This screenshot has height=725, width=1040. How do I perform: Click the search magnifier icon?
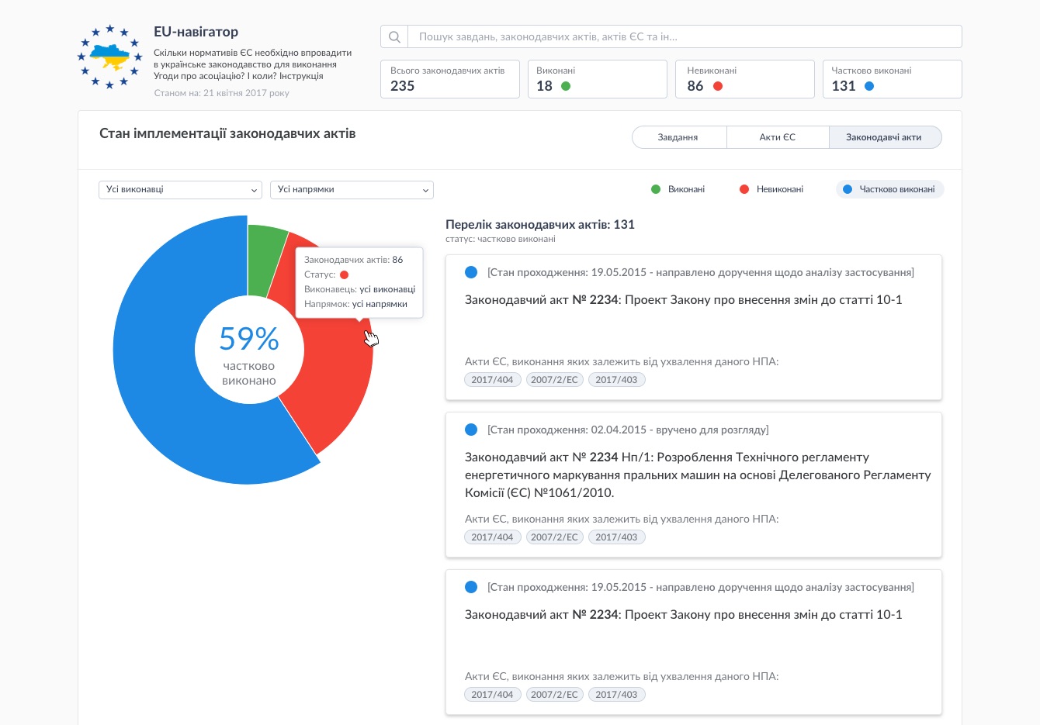tap(394, 37)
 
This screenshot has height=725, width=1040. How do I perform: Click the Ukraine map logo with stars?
tap(110, 57)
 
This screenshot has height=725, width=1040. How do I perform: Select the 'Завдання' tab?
tap(678, 137)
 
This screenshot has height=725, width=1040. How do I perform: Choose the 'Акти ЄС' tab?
tap(777, 137)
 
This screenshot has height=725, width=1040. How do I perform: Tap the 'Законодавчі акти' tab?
tap(884, 137)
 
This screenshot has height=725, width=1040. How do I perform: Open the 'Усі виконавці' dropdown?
tap(180, 190)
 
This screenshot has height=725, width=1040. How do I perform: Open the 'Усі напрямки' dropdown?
tap(352, 190)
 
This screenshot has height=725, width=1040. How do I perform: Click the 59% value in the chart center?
tap(249, 339)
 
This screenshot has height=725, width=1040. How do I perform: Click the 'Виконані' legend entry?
tap(678, 189)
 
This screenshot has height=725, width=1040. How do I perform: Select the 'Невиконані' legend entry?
tap(771, 189)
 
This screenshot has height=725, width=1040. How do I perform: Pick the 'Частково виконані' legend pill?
tap(889, 189)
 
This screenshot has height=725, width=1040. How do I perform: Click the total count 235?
tap(403, 86)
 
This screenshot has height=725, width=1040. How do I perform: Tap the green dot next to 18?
tap(566, 86)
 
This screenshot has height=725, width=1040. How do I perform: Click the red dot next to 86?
tap(718, 86)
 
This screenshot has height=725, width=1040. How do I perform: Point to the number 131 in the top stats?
tap(844, 86)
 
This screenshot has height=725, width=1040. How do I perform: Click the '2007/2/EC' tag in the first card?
tap(554, 380)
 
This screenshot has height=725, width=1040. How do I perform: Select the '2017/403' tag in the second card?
tap(616, 537)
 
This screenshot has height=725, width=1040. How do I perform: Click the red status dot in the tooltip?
tap(344, 274)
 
